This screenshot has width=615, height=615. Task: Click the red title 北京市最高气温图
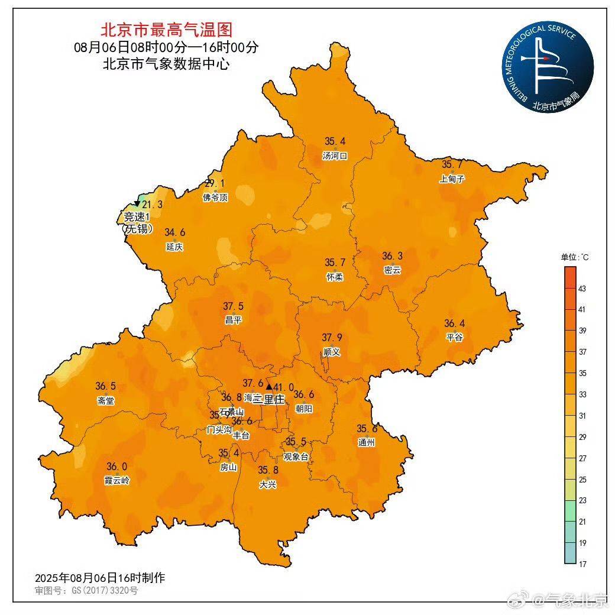coord(166,29)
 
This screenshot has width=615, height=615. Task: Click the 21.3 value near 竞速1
coord(152,205)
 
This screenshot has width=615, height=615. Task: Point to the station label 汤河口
coord(334,156)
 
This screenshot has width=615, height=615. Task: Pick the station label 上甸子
coord(452,179)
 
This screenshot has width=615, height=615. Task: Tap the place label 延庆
coord(174,247)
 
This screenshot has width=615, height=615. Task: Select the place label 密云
coord(392,270)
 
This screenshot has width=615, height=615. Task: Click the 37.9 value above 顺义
coord(332,338)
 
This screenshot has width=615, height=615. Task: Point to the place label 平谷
coord(454,337)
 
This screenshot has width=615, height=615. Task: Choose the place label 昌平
coord(233,320)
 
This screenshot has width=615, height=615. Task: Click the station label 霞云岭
coord(116,480)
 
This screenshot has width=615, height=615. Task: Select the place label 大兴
coord(267,484)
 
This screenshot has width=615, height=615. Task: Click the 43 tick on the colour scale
coord(582,289)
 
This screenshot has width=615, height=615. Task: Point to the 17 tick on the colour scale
coord(582,564)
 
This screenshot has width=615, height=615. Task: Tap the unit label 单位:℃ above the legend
coord(575,257)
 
